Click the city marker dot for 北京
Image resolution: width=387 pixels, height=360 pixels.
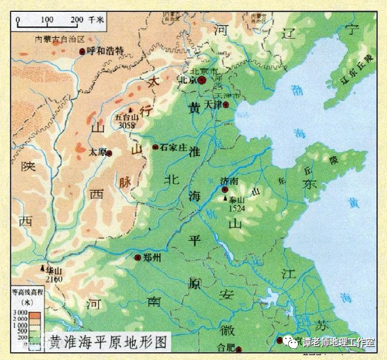pos(202,81)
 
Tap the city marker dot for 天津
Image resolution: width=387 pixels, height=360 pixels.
pos(225,105)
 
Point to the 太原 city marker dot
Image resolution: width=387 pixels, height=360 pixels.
pos(109,152)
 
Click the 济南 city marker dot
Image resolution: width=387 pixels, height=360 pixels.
pos(224,189)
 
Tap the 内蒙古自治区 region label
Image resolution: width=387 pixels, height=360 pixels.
pos(59,40)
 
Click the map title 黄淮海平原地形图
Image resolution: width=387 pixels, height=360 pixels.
pos(109,343)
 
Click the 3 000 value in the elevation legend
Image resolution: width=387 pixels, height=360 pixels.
pos(19,313)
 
